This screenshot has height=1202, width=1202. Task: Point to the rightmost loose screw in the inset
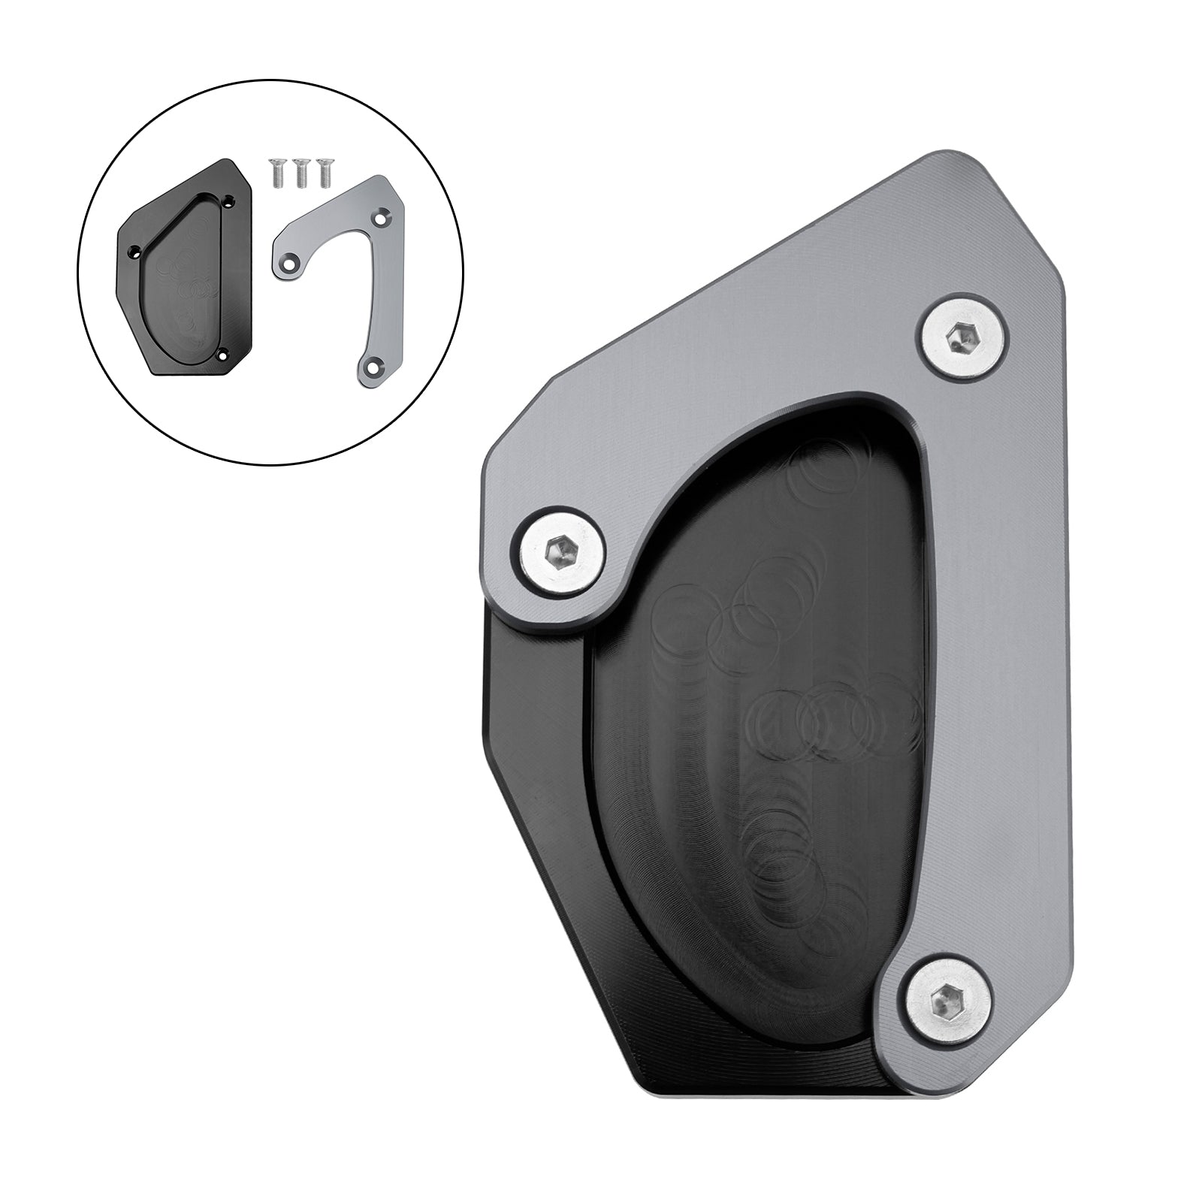tap(325, 173)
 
